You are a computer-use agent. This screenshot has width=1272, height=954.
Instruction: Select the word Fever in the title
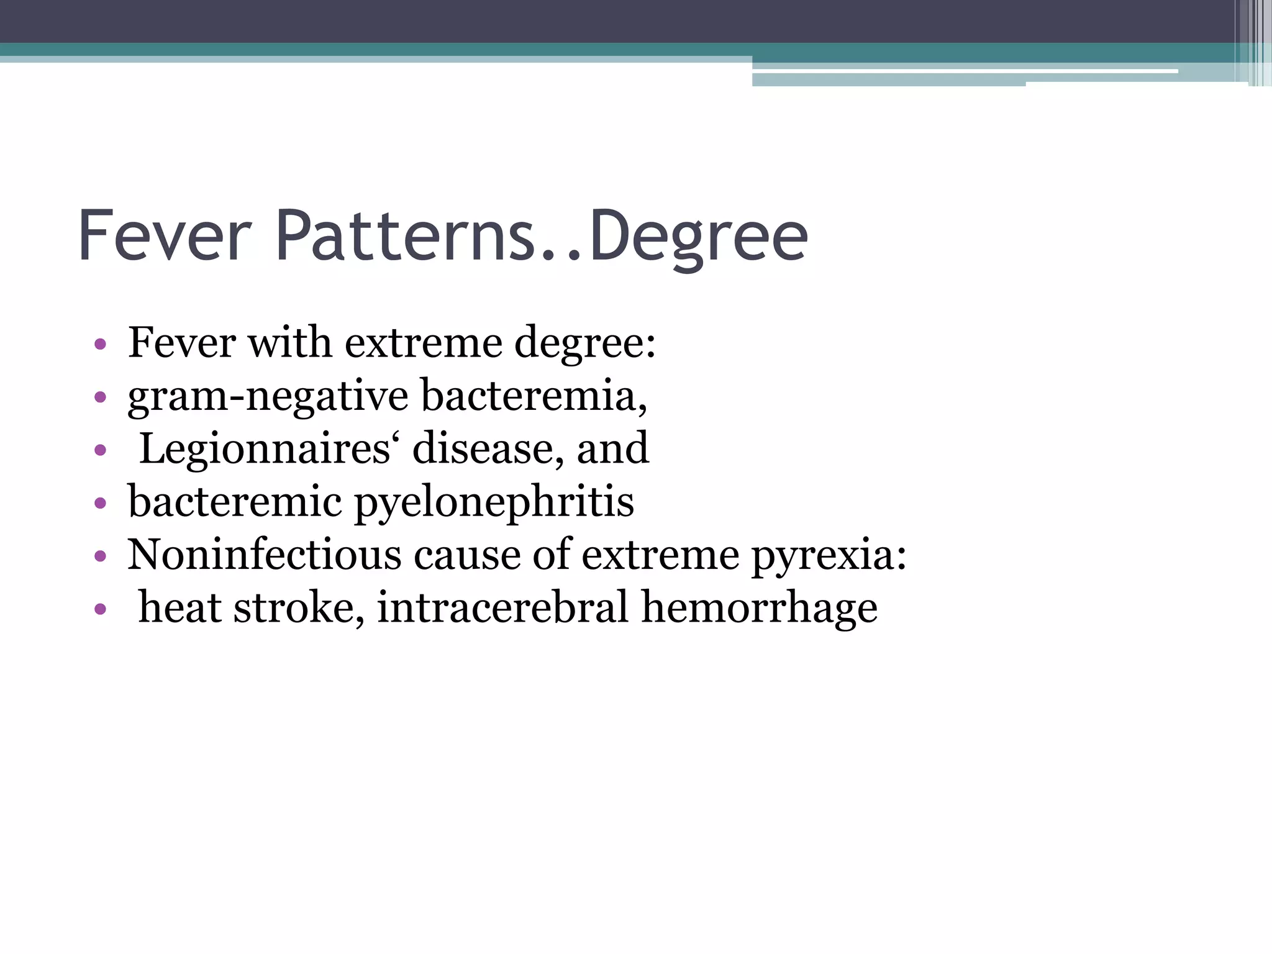click(165, 236)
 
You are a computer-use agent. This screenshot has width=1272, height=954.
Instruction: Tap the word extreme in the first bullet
click(423, 343)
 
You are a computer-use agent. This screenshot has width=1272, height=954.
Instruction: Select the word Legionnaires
click(265, 449)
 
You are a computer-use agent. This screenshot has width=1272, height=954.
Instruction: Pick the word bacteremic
click(235, 502)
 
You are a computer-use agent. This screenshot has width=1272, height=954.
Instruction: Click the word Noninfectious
click(265, 555)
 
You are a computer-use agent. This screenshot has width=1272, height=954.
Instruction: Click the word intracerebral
click(502, 607)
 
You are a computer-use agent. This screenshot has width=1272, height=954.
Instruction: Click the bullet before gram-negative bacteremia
click(100, 396)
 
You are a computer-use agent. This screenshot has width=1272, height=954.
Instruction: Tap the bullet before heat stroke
click(100, 609)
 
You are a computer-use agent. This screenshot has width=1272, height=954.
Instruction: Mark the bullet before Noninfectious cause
click(100, 555)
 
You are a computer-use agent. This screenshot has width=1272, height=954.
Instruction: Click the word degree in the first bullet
click(584, 344)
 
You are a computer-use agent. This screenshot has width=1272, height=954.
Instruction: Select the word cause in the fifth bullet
click(467, 555)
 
